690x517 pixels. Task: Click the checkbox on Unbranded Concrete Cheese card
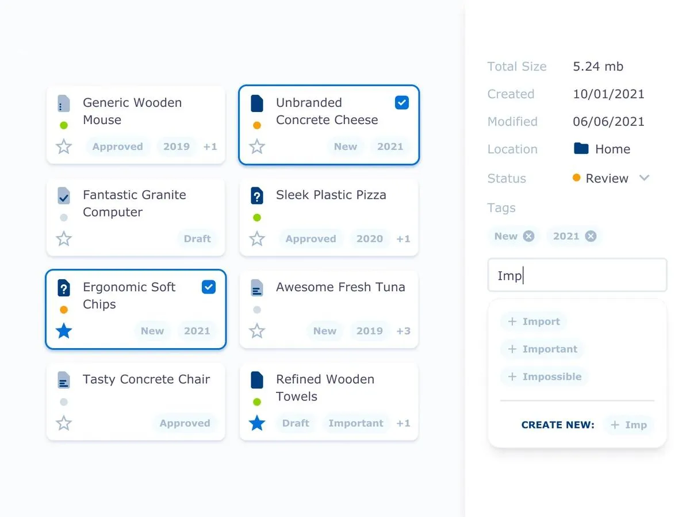coord(402,103)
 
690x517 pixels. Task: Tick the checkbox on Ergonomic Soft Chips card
coord(209,287)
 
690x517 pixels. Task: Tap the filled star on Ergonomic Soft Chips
coord(64,331)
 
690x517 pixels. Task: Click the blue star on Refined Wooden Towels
coord(257,423)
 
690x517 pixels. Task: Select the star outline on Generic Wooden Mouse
coord(64,147)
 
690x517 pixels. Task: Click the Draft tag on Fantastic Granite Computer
coord(197,239)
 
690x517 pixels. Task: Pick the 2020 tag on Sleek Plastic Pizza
coord(369,239)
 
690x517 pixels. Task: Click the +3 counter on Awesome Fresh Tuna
coord(403,331)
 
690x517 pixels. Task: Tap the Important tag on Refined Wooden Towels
coord(355,423)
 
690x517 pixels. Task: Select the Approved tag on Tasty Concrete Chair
coord(185,423)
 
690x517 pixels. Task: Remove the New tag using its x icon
coord(528,236)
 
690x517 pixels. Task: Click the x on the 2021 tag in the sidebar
coord(591,236)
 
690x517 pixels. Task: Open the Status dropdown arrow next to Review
coord(645,178)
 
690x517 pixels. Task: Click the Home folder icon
coord(581,149)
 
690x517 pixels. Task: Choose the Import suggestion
coord(534,322)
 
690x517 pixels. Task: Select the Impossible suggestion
coord(544,377)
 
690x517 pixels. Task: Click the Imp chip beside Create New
coord(628,425)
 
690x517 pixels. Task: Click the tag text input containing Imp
coord(577,276)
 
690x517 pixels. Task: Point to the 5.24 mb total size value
coord(598,67)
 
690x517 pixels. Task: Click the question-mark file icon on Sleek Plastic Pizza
coord(257,196)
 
